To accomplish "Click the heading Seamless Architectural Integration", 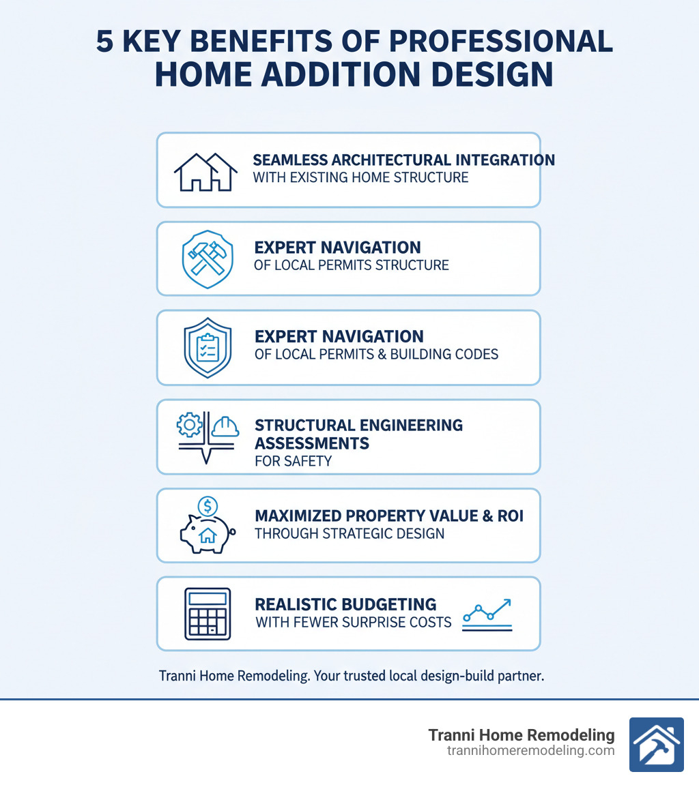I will click(x=403, y=160).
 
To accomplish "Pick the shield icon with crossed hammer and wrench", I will click(x=205, y=258).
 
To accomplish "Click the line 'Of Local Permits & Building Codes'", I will click(x=376, y=354).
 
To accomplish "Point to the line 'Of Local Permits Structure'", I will click(x=351, y=265).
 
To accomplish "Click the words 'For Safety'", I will click(x=293, y=461).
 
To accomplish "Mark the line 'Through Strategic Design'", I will click(x=349, y=533).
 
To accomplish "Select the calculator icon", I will click(x=207, y=614).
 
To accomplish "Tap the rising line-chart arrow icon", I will click(x=487, y=612).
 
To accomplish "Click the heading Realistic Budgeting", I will click(x=345, y=604).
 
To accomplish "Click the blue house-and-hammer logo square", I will click(x=656, y=744).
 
